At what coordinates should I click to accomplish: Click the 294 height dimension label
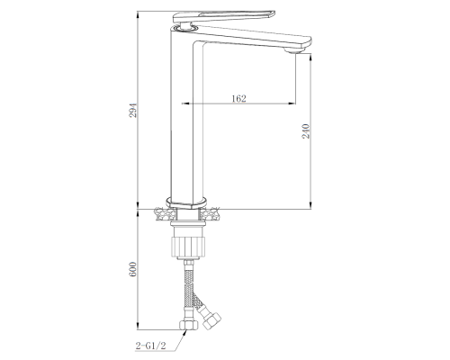[133, 111]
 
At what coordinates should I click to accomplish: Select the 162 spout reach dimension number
[239, 98]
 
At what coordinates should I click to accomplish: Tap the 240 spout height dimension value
[306, 130]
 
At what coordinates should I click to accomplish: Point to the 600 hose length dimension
[133, 270]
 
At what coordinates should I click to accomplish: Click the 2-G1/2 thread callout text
[150, 346]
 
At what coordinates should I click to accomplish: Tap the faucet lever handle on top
[224, 17]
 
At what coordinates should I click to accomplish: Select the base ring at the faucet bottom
[186, 202]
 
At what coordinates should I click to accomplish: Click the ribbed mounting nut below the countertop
[188, 247]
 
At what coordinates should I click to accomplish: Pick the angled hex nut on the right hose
[211, 319]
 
